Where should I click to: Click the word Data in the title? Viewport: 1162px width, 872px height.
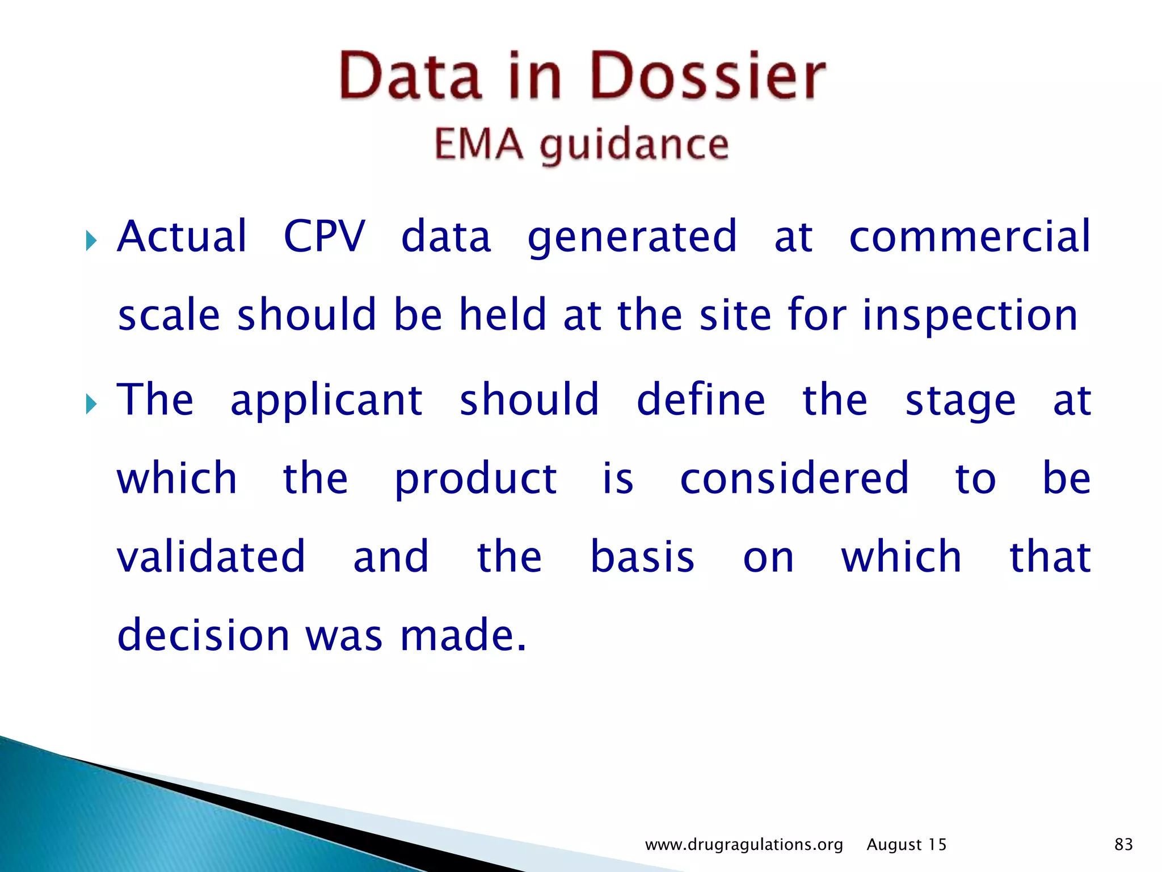pyautogui.click(x=411, y=76)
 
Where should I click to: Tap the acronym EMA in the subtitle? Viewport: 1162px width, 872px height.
pyautogui.click(x=478, y=144)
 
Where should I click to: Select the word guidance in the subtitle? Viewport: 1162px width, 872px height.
pyautogui.click(x=634, y=146)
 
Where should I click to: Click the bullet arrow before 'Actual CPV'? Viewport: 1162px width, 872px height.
pyautogui.click(x=91, y=241)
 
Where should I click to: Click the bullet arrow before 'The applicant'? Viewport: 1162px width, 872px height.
pyautogui.click(x=91, y=404)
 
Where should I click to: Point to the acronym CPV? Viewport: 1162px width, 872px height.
pyautogui.click(x=324, y=236)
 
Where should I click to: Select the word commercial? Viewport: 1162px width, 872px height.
pyautogui.click(x=970, y=236)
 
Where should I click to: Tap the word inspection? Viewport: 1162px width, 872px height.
pyautogui.click(x=970, y=316)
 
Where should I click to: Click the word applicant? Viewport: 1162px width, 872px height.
pyautogui.click(x=326, y=401)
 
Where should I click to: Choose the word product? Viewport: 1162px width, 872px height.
pyautogui.click(x=475, y=480)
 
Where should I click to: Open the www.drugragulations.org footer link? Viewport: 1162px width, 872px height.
pyautogui.click(x=744, y=845)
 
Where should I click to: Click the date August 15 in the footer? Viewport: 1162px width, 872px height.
pyautogui.click(x=906, y=845)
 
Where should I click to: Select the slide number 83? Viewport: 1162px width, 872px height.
pyautogui.click(x=1123, y=844)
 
